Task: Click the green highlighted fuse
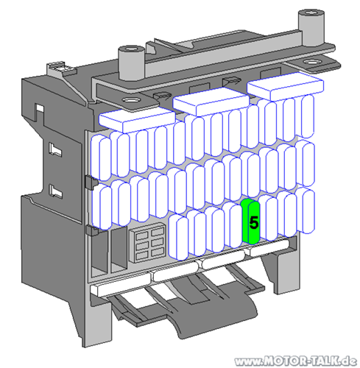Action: pyautogui.click(x=250, y=222)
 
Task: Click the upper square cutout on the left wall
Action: pyautogui.click(x=53, y=150)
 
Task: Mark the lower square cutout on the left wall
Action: pyautogui.click(x=53, y=193)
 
